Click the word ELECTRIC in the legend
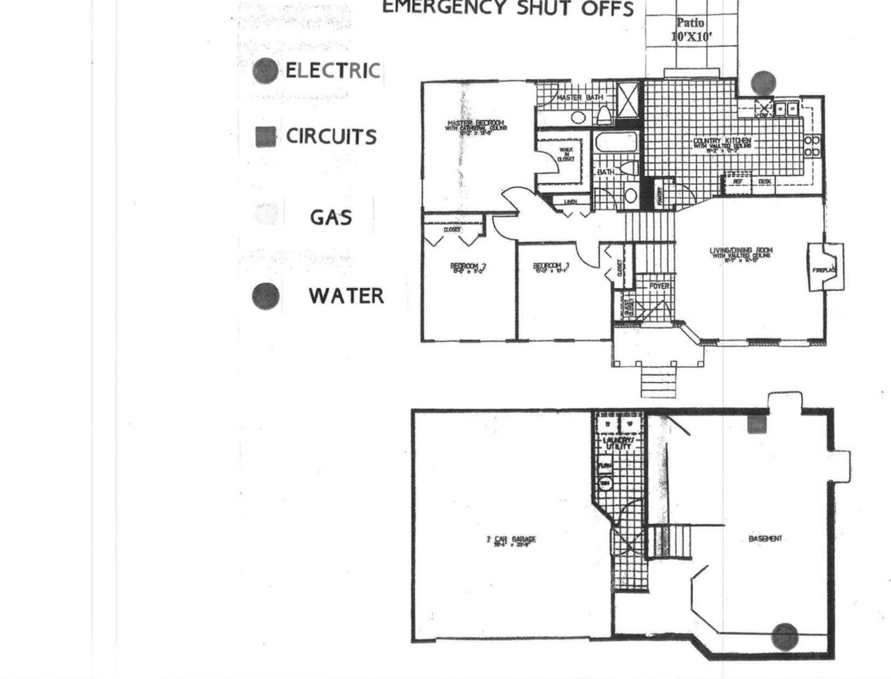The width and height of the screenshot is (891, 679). (x=332, y=70)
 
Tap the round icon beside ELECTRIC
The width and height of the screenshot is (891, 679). (x=265, y=71)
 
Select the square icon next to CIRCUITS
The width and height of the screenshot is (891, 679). (x=265, y=136)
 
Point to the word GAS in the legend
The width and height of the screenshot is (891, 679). (x=331, y=218)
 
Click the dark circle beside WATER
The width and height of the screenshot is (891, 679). (x=265, y=296)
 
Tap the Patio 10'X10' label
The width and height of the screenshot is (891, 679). (x=691, y=30)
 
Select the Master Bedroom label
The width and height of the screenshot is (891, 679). (x=475, y=125)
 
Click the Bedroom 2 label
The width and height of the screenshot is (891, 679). (x=467, y=268)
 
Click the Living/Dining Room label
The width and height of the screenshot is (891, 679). (x=741, y=253)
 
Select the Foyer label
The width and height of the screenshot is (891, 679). (x=659, y=286)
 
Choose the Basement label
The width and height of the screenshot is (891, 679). (x=765, y=539)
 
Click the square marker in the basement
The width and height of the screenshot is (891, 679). (x=755, y=425)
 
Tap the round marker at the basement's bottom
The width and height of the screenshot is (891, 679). (x=784, y=636)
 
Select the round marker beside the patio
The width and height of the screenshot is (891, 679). (x=763, y=82)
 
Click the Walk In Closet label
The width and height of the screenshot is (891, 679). (x=566, y=155)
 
